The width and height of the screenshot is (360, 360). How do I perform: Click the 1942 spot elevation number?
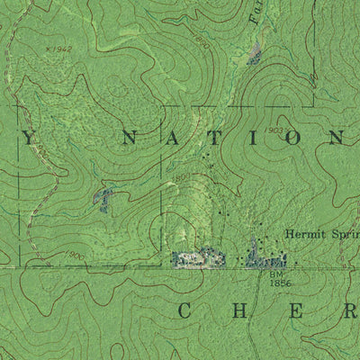(60, 47)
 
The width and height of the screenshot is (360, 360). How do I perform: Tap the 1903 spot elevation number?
(275, 131)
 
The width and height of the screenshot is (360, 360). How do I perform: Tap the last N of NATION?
(335, 139)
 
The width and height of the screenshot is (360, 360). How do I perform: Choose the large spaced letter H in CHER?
(240, 311)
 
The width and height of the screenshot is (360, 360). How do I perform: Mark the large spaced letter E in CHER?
(295, 311)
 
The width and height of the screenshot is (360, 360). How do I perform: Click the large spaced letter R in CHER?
(347, 311)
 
